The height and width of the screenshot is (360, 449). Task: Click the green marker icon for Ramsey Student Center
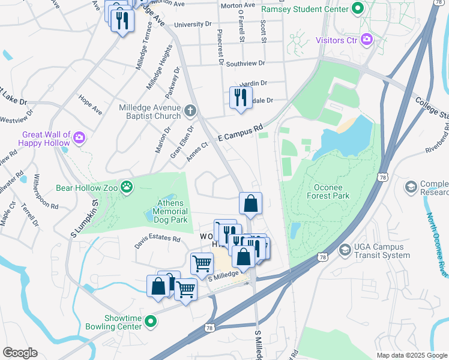coord(358,9)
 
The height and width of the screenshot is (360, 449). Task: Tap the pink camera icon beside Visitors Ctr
coord(366,40)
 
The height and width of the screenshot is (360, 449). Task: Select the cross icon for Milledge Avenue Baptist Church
coord(190,111)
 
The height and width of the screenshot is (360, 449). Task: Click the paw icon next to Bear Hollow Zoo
coord(127,188)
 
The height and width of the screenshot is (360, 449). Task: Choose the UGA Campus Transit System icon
coord(345,249)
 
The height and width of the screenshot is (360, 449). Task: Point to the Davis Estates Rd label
coord(157,239)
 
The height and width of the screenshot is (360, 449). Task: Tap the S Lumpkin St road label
coord(85,214)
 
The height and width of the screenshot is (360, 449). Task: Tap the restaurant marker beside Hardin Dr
coord(241,98)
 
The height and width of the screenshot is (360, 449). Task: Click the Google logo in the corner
coord(20,353)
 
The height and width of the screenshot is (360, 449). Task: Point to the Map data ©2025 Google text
coord(411,355)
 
